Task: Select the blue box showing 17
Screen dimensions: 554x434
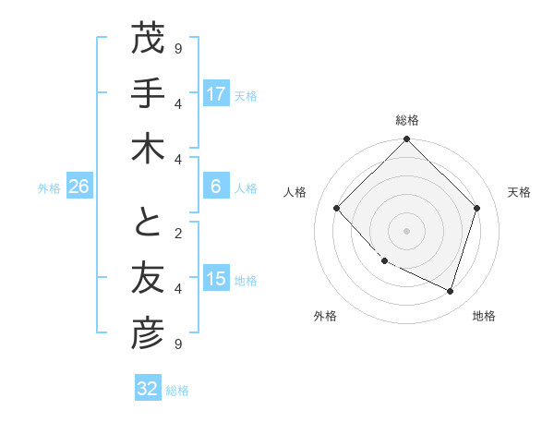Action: (x=216, y=93)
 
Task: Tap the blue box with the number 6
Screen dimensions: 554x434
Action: (x=216, y=187)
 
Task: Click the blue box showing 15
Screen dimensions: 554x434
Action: (x=216, y=279)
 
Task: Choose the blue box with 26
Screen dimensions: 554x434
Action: (x=78, y=187)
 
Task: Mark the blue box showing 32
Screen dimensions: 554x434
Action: (x=147, y=389)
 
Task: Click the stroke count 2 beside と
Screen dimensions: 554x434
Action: (x=178, y=232)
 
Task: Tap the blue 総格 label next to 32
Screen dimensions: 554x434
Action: (x=177, y=391)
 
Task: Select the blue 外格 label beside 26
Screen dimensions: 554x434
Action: (x=49, y=188)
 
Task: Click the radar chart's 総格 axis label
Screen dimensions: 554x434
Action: (x=407, y=120)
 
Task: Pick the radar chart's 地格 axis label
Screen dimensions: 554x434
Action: (x=484, y=316)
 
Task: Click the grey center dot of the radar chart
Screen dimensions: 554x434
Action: (x=406, y=230)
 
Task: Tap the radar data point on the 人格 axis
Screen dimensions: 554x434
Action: (x=337, y=208)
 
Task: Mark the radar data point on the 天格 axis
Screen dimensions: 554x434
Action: (x=476, y=208)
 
